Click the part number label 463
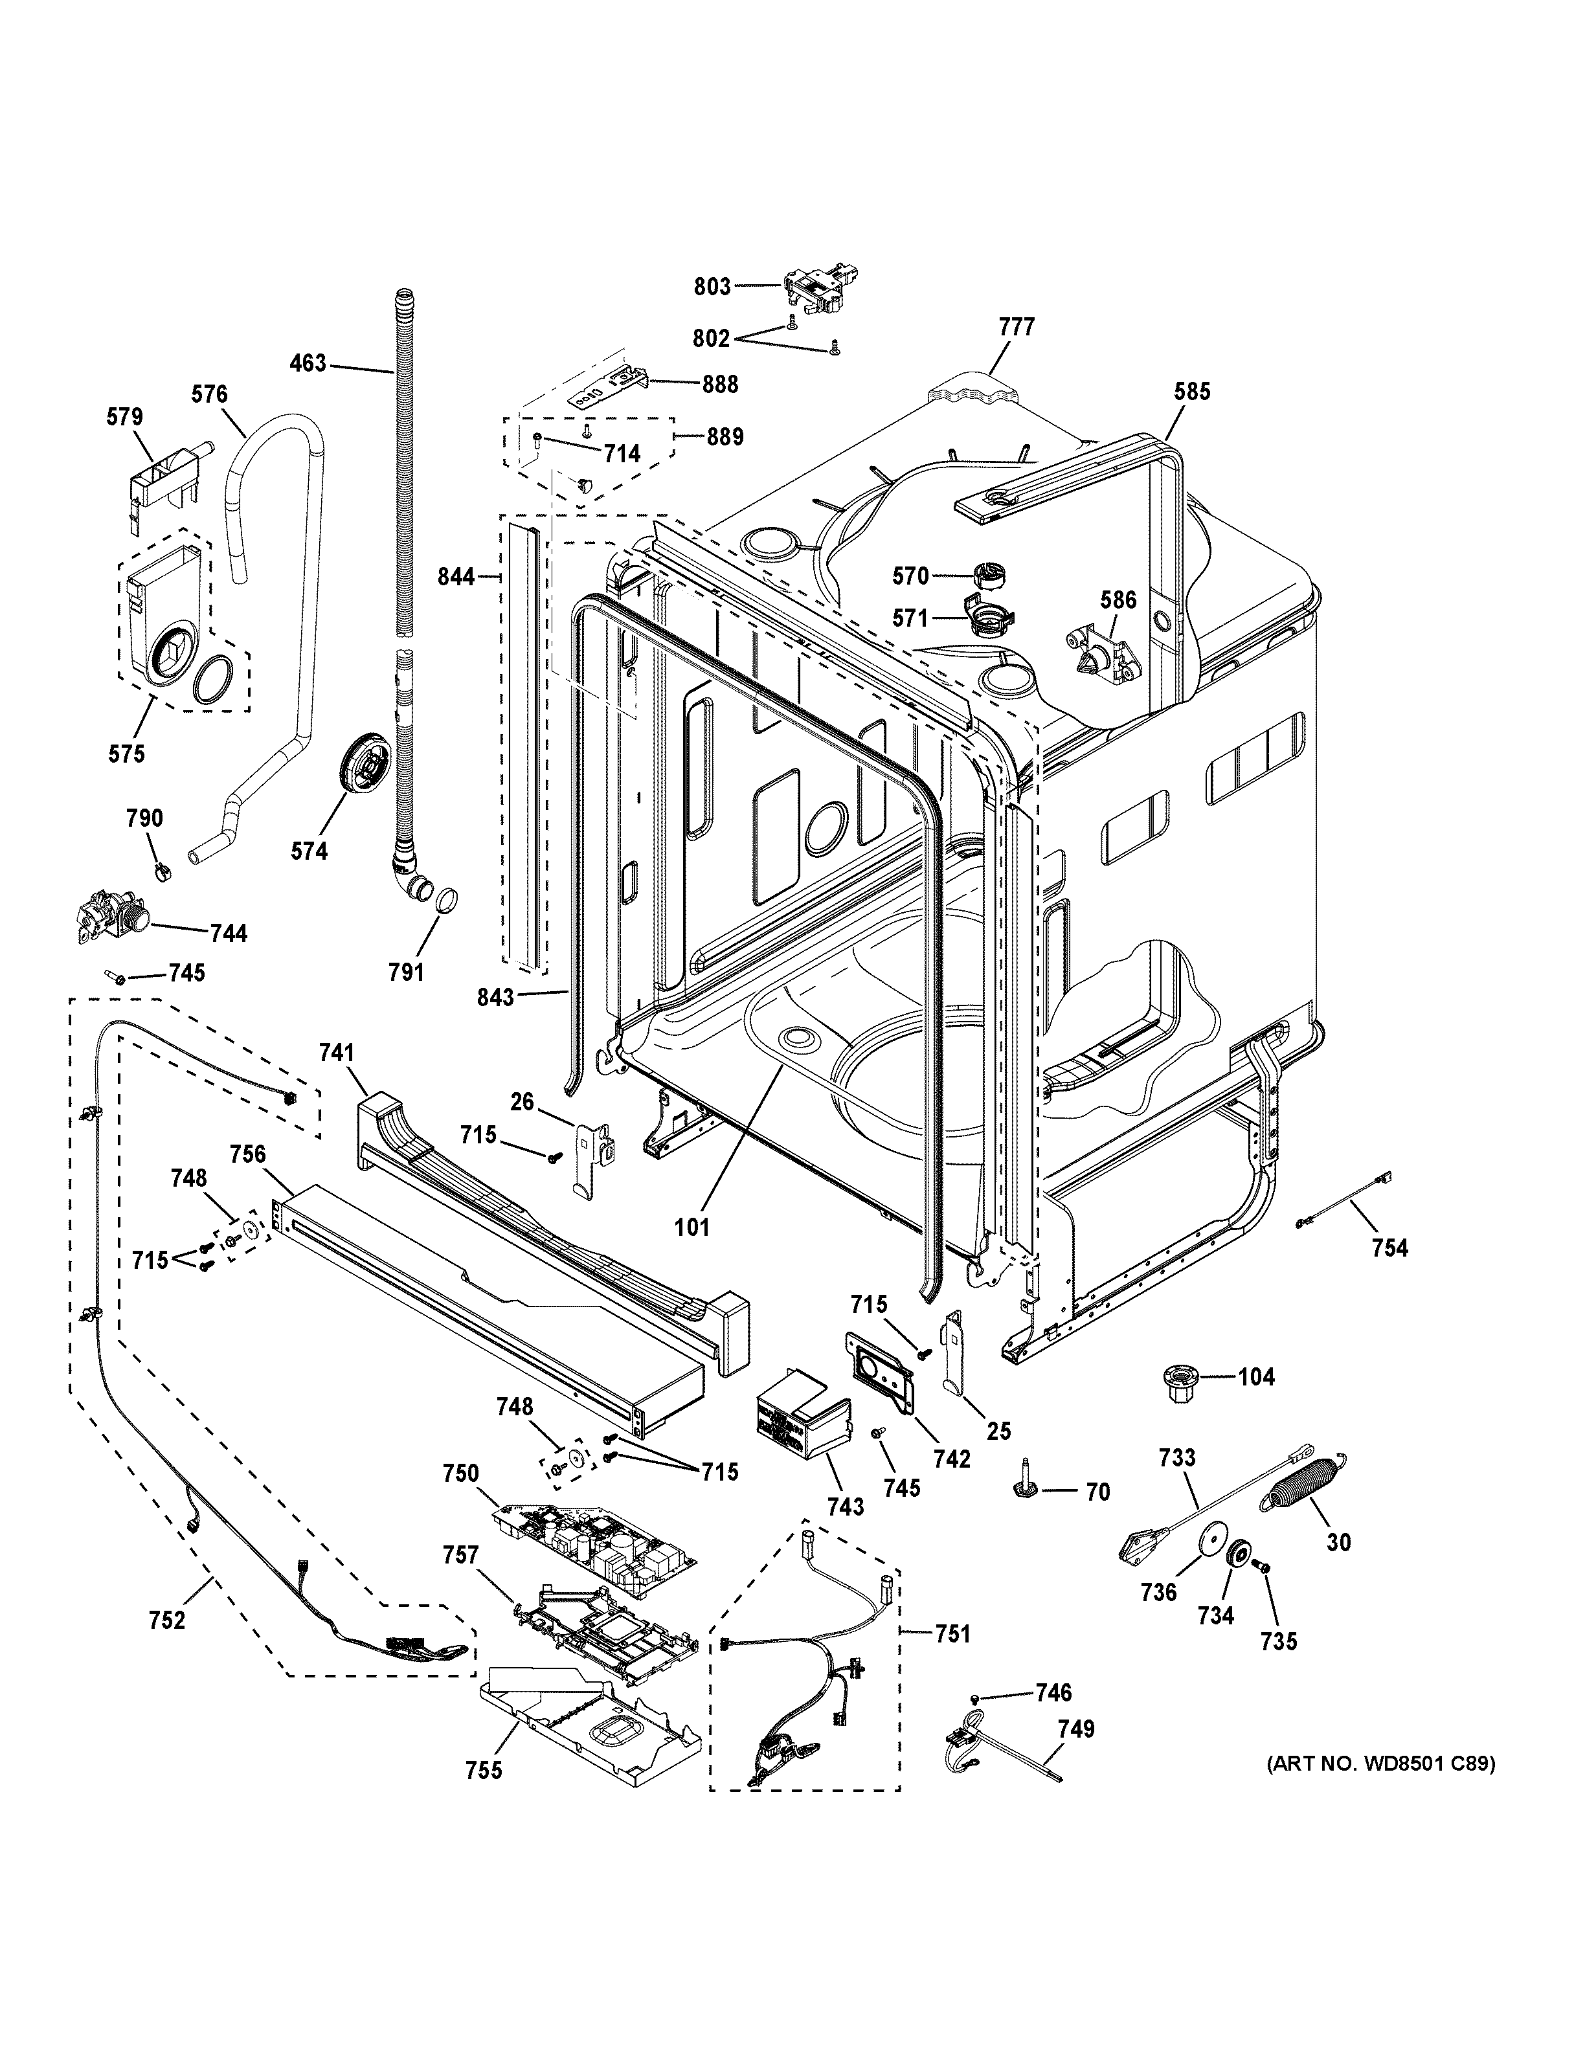point(307,363)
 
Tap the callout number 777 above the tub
point(1017,327)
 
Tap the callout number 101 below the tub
point(692,1226)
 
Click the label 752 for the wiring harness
point(166,1620)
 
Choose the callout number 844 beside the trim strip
point(456,577)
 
